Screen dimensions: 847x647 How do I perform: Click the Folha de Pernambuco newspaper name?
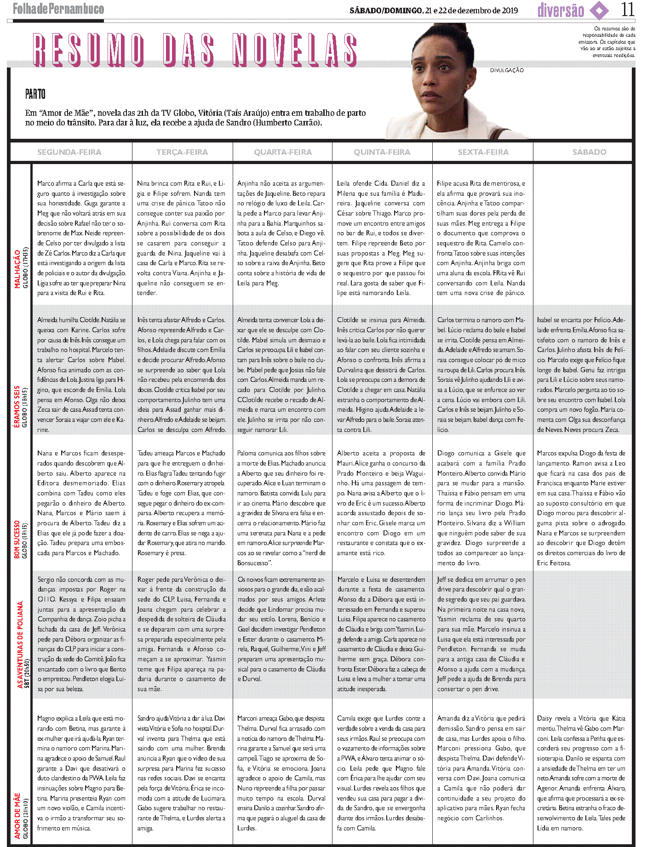[58, 9]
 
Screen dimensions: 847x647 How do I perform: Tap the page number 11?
[627, 10]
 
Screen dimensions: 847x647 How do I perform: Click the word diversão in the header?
[561, 11]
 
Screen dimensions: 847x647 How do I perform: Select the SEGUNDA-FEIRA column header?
[69, 152]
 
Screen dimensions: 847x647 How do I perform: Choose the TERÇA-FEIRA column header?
[182, 152]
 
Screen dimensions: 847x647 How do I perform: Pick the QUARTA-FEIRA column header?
[283, 152]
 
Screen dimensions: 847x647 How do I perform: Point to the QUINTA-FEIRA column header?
[382, 152]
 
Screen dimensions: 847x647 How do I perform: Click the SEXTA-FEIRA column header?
[483, 152]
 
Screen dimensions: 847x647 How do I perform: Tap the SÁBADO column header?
[589, 152]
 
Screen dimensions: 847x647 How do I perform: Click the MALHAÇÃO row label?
[17, 269]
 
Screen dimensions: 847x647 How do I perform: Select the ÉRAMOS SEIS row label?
[17, 407]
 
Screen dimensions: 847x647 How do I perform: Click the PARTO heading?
[35, 95]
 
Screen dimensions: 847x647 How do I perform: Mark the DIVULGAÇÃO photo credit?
[507, 70]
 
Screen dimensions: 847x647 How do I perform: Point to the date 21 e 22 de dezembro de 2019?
[471, 11]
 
